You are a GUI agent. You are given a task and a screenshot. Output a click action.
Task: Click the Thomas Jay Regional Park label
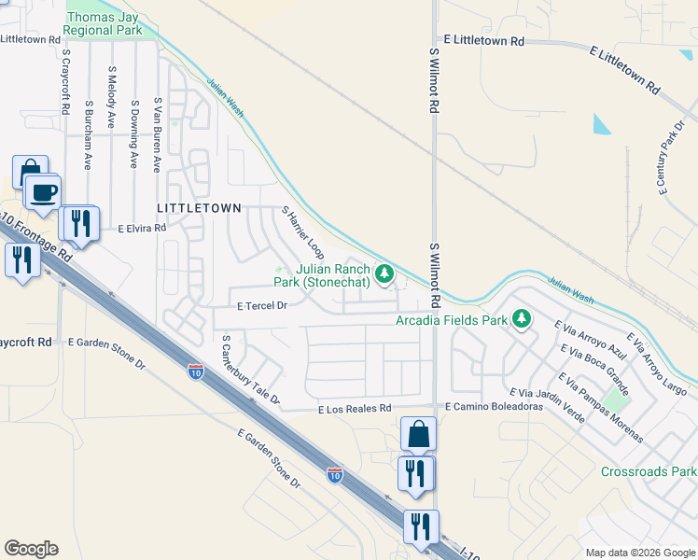click(103, 23)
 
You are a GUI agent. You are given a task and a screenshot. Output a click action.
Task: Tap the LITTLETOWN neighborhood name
click(199, 207)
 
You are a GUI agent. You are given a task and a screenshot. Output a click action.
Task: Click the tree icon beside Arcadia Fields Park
click(522, 320)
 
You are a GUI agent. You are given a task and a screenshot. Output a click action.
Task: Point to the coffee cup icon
click(43, 193)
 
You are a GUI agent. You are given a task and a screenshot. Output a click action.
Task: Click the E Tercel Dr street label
click(260, 304)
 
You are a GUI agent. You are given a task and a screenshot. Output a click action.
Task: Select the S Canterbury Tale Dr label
click(249, 371)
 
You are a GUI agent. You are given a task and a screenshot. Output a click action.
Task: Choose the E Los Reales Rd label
click(354, 409)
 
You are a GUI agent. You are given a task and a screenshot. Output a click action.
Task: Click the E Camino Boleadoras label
click(494, 407)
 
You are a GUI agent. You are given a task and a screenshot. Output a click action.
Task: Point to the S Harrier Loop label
click(303, 233)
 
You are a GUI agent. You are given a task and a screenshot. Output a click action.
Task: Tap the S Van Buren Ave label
click(158, 134)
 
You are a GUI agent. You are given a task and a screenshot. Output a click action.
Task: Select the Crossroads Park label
click(648, 472)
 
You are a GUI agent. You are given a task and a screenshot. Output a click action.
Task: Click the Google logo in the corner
click(31, 549)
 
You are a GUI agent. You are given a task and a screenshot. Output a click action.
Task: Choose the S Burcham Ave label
click(88, 134)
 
